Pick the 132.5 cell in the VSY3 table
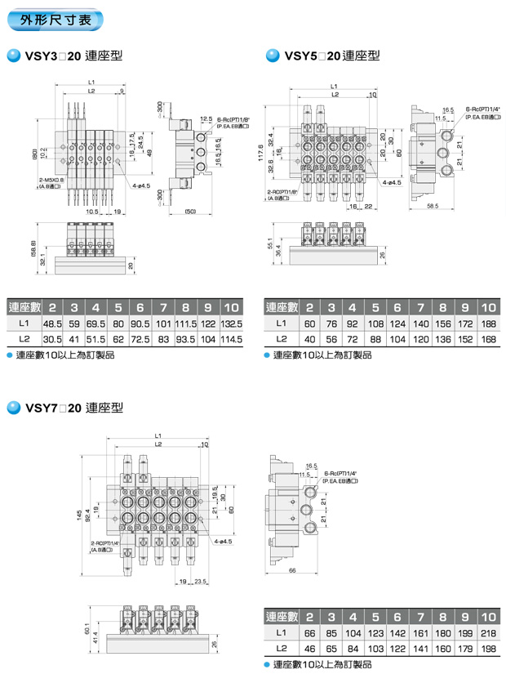tap(232, 324)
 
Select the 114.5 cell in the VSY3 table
tap(232, 338)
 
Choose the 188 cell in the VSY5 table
tap(488, 324)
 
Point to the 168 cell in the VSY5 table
tap(488, 338)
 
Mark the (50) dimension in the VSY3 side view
tap(192, 212)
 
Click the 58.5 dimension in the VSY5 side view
tap(433, 207)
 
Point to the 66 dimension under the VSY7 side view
tap(292, 572)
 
